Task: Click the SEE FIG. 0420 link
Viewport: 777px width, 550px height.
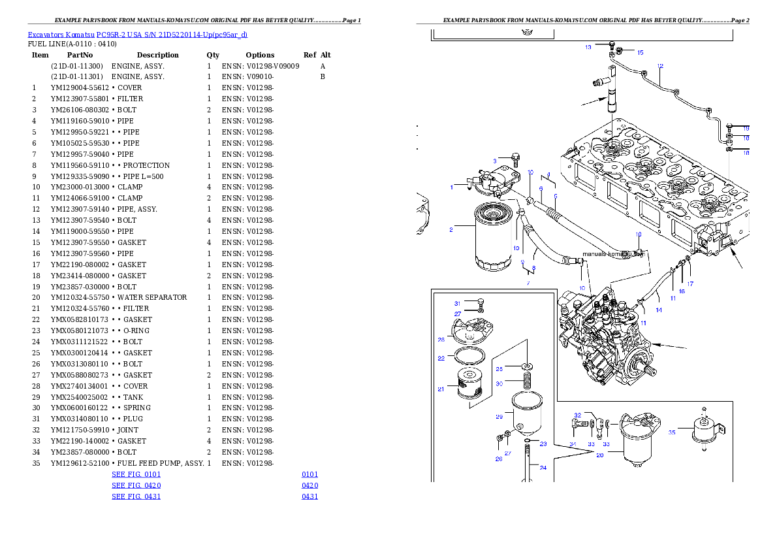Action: (136, 485)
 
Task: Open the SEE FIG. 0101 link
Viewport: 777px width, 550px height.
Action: (136, 474)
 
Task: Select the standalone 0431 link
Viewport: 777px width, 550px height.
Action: (309, 496)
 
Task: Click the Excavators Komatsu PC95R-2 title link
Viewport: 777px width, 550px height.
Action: (137, 35)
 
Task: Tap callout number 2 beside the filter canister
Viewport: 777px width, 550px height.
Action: (451, 229)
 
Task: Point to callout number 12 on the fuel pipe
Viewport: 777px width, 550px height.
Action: (660, 66)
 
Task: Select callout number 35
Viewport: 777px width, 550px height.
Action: (671, 432)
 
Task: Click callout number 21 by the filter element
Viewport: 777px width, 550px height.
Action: (441, 390)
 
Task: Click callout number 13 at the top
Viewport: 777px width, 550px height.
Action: (588, 47)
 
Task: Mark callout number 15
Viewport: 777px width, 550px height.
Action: (640, 52)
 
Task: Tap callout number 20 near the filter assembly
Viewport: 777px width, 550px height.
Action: (599, 455)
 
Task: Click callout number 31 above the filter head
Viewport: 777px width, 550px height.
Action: (457, 303)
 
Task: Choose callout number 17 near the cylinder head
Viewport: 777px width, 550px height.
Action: (690, 284)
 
